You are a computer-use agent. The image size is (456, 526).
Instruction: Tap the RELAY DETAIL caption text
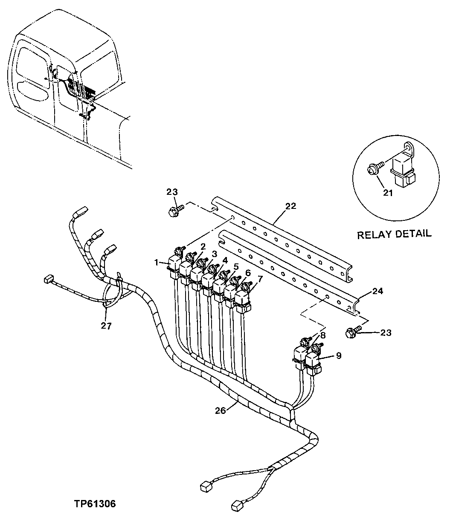[x=394, y=234]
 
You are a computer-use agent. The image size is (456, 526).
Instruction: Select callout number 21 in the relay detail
[x=387, y=193]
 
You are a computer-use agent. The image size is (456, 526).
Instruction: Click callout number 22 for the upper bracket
[x=290, y=206]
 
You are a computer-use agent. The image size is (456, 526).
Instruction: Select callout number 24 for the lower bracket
[x=378, y=292]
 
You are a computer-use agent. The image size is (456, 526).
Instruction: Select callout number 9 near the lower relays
[x=338, y=355]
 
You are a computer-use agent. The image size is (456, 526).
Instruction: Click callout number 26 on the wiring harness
[x=220, y=411]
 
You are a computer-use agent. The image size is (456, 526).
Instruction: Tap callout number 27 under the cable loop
[x=106, y=326]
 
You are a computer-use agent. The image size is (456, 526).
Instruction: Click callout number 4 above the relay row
[x=225, y=259]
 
